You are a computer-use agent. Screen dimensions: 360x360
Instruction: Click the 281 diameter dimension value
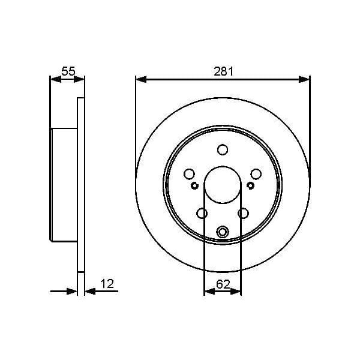pyautogui.click(x=223, y=71)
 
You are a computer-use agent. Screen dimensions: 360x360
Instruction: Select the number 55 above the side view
pyautogui.click(x=68, y=71)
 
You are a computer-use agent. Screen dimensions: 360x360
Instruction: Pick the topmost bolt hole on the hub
pyautogui.click(x=223, y=150)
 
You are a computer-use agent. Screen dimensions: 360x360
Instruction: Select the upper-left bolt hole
pyautogui.click(x=189, y=174)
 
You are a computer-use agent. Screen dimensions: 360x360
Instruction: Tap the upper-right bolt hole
pyautogui.click(x=256, y=174)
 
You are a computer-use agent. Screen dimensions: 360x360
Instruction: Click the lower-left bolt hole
pyautogui.click(x=202, y=213)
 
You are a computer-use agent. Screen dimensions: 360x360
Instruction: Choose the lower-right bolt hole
pyautogui.click(x=243, y=213)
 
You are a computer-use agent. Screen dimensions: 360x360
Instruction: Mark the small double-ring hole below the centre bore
pyautogui.click(x=223, y=232)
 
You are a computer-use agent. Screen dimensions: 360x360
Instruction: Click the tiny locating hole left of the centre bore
pyautogui.click(x=194, y=185)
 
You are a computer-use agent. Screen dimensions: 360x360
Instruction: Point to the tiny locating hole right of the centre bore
pyautogui.click(x=251, y=185)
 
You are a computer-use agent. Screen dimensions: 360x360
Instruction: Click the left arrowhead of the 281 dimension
pyautogui.click(x=140, y=79)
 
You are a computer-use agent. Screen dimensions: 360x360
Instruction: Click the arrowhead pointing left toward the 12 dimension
pyautogui.click(x=89, y=291)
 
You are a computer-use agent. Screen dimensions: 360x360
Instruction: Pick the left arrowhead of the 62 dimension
pyautogui.click(x=208, y=291)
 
